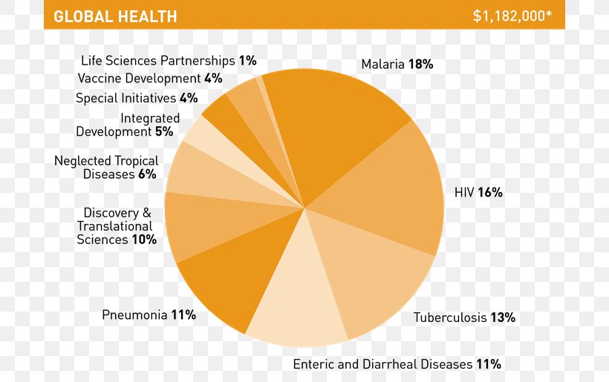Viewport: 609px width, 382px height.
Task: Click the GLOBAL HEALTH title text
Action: (115, 16)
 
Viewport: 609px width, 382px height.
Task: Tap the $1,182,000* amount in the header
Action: (512, 16)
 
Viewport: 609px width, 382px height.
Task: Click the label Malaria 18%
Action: (397, 65)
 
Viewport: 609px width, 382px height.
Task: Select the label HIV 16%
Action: (478, 192)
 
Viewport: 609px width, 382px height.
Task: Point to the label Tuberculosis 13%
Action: (464, 317)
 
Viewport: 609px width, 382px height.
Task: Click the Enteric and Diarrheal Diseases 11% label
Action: (397, 364)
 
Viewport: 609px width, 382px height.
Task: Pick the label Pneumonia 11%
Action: (149, 315)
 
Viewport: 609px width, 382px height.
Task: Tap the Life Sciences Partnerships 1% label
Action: (169, 60)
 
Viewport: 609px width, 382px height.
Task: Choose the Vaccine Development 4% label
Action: (149, 78)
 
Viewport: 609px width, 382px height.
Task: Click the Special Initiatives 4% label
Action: (137, 98)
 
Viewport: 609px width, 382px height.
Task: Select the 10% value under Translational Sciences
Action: (144, 240)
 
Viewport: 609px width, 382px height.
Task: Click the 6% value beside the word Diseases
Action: (146, 174)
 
